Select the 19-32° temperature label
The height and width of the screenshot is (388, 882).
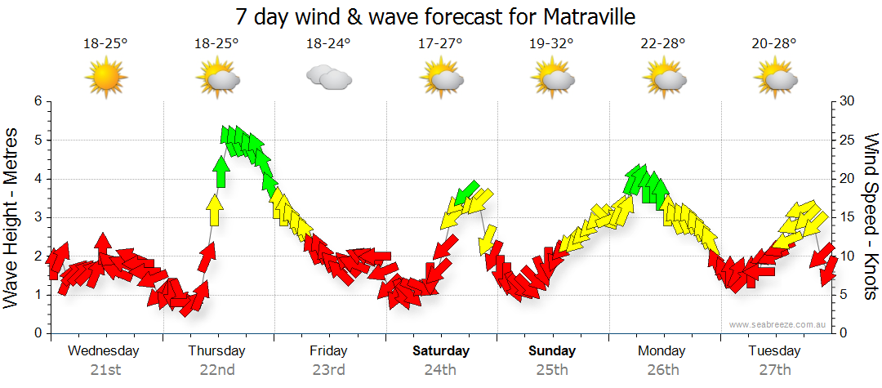(551, 44)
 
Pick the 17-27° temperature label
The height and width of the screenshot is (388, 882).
(440, 44)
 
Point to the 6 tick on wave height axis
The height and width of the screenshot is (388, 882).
(38, 101)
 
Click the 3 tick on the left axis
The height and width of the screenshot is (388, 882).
(38, 217)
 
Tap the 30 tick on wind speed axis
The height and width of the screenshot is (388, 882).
(848, 101)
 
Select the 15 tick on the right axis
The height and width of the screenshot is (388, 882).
(848, 217)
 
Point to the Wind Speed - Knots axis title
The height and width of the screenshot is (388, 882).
(871, 216)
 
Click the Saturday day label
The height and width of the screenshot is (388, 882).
(440, 351)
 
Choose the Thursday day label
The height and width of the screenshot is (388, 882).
(216, 351)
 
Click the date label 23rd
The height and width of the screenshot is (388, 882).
(328, 370)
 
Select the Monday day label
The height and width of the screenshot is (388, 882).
(662, 351)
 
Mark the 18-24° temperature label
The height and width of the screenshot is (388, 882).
(328, 44)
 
